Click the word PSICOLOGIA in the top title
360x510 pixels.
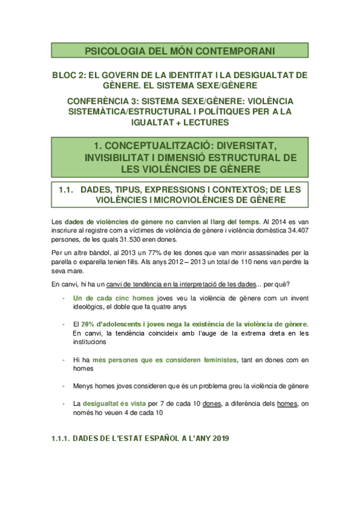coord(111,51)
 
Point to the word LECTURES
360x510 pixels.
coord(204,122)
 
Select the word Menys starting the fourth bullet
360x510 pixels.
coord(84,386)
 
